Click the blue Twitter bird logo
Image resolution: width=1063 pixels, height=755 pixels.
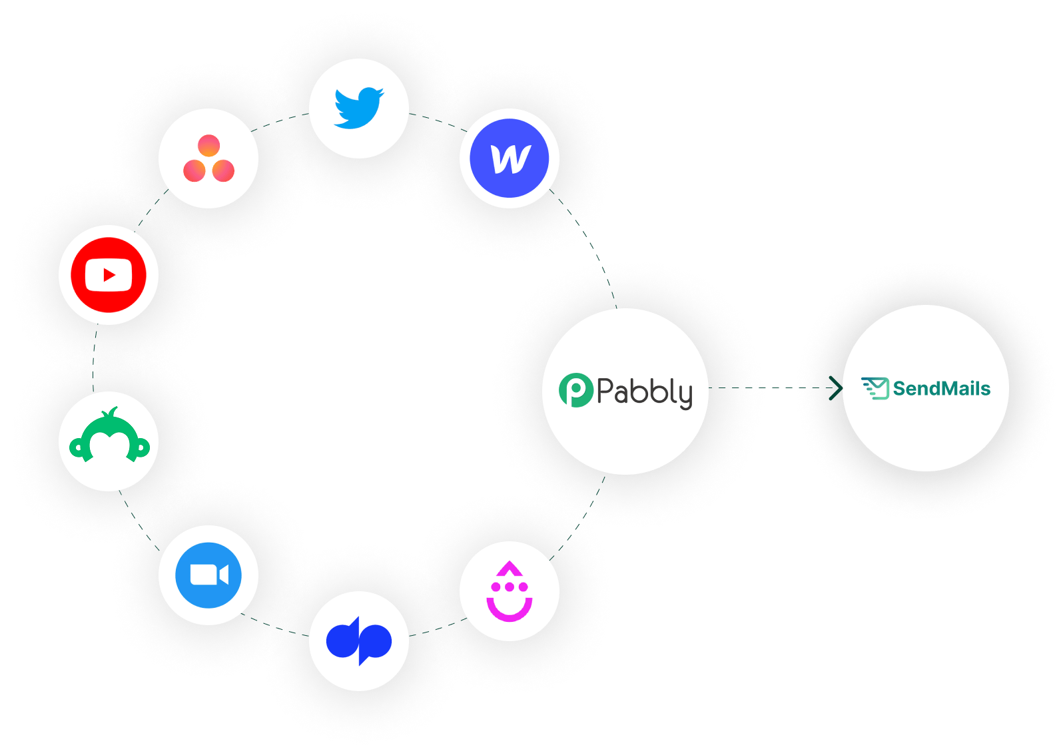(x=359, y=107)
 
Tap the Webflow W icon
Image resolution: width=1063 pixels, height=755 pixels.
(x=510, y=158)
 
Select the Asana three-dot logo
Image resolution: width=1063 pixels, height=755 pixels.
(x=208, y=158)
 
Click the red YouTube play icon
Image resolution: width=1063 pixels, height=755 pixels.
(x=109, y=274)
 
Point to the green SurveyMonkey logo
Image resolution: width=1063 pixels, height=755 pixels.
(x=109, y=436)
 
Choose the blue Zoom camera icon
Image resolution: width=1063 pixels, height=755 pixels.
(x=208, y=575)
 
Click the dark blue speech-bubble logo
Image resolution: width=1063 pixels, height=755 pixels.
(x=359, y=640)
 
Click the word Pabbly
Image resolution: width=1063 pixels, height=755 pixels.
(x=644, y=391)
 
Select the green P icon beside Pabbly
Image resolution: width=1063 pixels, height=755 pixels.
(x=575, y=390)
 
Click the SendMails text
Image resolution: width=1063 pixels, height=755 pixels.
(x=941, y=388)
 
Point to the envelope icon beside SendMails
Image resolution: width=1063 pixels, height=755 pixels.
(x=876, y=388)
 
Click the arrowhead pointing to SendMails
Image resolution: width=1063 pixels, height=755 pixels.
(x=835, y=388)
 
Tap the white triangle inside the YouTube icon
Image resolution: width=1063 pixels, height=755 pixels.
(x=109, y=274)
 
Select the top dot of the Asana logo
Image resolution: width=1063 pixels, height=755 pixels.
(x=208, y=145)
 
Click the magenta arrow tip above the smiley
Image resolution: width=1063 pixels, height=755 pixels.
(x=510, y=567)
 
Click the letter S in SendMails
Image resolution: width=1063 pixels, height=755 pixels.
(x=900, y=388)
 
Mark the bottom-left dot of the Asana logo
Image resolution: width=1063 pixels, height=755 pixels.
(x=194, y=171)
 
